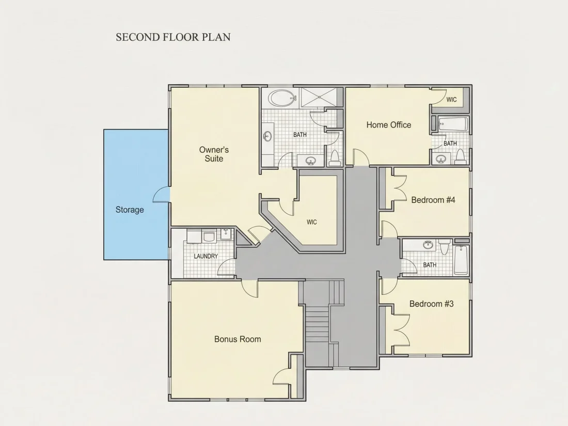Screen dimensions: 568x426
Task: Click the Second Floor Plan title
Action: (173, 37)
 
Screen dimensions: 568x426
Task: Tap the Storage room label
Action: (130, 210)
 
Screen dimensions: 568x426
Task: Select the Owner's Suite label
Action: (214, 154)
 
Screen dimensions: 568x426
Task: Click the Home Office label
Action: (389, 125)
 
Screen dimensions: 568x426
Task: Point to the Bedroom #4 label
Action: (433, 200)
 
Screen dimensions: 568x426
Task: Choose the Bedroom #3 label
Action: (432, 304)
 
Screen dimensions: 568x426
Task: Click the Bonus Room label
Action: (238, 339)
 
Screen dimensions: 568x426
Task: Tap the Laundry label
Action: (206, 257)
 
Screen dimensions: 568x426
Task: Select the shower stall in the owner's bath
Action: (320, 98)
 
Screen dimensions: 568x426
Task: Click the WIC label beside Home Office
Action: (451, 100)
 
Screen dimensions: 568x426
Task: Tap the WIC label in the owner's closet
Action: (311, 222)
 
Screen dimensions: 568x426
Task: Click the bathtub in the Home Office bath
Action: (453, 124)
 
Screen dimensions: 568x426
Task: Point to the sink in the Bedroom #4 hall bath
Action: (428, 245)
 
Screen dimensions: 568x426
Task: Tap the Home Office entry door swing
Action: (361, 156)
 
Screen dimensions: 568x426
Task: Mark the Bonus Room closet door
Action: (281, 377)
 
